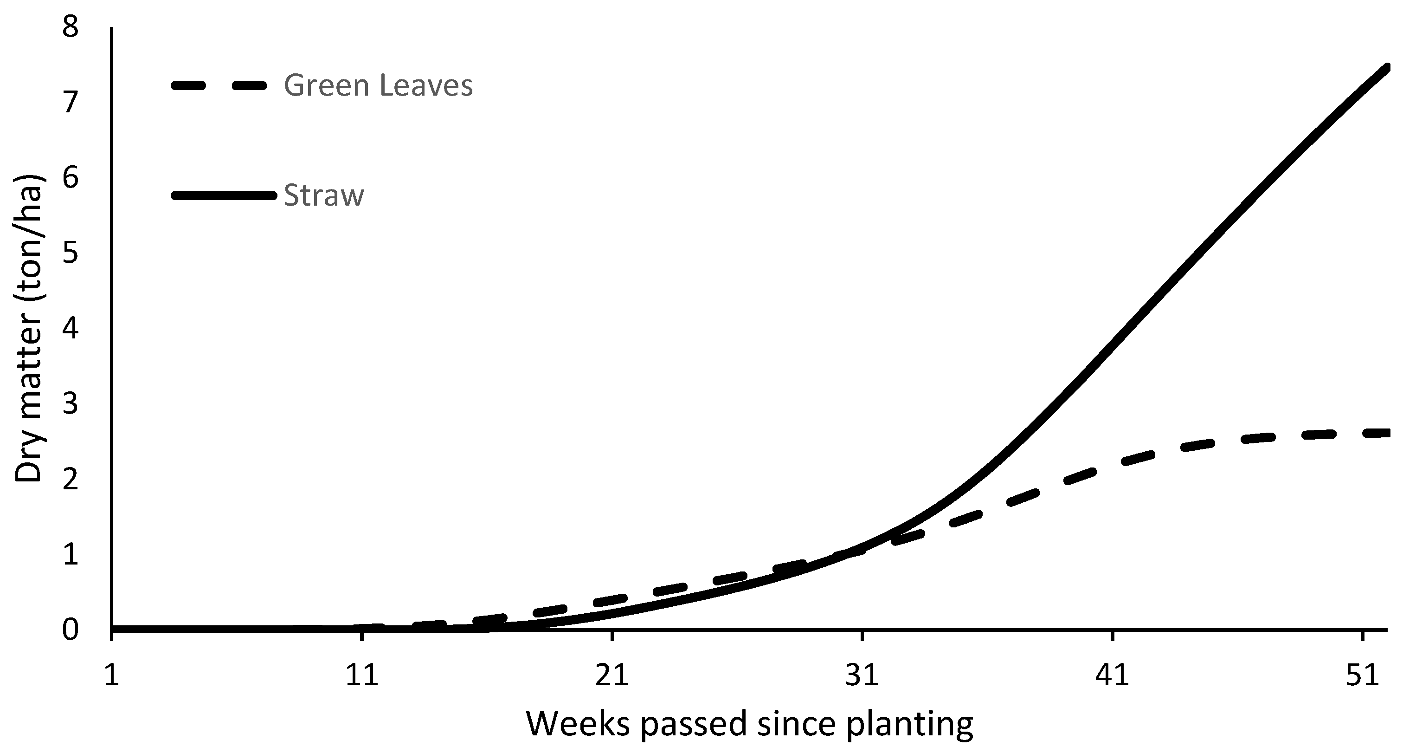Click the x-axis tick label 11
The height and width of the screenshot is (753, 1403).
[x=362, y=675]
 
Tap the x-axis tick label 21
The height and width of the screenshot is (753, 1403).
[x=612, y=675]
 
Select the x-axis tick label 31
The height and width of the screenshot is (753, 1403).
[x=862, y=675]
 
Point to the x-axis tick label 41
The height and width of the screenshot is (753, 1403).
[x=1112, y=675]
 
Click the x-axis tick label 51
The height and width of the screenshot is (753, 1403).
[x=1362, y=675]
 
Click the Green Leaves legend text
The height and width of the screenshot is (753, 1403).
[x=378, y=86]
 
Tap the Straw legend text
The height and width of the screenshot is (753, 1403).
[x=323, y=196]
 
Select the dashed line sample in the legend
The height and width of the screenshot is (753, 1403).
[x=219, y=85]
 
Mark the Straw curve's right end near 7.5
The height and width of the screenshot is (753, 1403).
[x=1387, y=68]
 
